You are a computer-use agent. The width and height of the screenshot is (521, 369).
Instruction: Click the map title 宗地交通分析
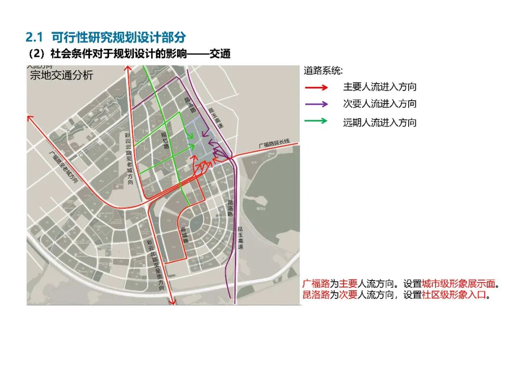(62, 76)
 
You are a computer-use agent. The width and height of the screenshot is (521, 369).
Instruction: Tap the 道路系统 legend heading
(323, 71)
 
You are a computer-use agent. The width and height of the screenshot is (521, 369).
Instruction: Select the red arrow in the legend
(316, 87)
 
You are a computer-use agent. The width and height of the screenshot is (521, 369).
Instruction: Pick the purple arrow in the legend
(316, 104)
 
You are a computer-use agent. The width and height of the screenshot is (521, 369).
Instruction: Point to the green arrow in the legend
(316, 122)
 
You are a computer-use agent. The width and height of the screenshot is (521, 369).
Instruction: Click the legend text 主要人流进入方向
(380, 87)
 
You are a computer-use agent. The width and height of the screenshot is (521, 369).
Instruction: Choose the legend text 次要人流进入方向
(380, 104)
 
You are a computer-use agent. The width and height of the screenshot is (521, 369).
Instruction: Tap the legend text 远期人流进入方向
(380, 123)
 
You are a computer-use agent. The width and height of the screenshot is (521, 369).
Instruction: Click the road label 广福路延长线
(274, 143)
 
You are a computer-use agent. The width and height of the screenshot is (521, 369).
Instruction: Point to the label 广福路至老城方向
(64, 167)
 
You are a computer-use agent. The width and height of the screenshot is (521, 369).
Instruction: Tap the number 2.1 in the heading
(34, 37)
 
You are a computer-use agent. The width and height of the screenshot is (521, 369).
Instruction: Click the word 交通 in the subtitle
(220, 54)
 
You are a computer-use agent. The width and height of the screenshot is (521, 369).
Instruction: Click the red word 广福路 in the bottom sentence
(316, 284)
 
